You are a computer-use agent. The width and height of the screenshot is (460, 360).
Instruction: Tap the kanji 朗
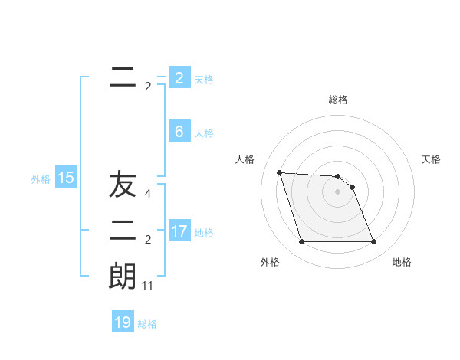tap(122, 277)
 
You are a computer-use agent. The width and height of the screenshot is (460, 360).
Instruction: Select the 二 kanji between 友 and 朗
tap(123, 231)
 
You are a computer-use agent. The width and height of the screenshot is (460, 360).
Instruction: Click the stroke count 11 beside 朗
tap(148, 286)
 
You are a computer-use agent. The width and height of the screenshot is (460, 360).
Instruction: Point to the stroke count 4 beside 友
tap(148, 194)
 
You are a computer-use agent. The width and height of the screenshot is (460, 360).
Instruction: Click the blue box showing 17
tap(179, 231)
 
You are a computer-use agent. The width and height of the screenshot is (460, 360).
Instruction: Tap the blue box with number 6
tap(179, 131)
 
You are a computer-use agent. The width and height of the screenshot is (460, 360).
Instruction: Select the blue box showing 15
tap(66, 178)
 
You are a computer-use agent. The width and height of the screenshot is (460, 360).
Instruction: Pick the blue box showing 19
tap(123, 322)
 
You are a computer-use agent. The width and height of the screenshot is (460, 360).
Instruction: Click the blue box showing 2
tap(179, 78)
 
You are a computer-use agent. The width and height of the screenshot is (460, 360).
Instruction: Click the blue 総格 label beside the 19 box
tap(147, 324)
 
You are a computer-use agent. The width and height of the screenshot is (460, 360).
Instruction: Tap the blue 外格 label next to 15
tap(41, 179)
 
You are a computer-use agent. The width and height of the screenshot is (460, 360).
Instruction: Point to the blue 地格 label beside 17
tap(204, 232)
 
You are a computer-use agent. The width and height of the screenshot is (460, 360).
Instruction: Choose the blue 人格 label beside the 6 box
tap(204, 133)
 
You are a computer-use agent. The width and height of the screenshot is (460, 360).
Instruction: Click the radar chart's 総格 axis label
tap(338, 100)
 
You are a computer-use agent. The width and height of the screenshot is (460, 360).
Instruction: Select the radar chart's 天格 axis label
tap(431, 159)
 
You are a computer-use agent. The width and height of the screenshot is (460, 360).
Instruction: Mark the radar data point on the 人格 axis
tap(279, 172)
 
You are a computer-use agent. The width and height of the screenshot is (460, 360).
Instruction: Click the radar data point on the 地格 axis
tap(373, 242)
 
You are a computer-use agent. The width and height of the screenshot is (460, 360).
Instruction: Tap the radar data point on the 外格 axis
tap(301, 242)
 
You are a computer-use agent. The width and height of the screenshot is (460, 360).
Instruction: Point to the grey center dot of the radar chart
tap(337, 191)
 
